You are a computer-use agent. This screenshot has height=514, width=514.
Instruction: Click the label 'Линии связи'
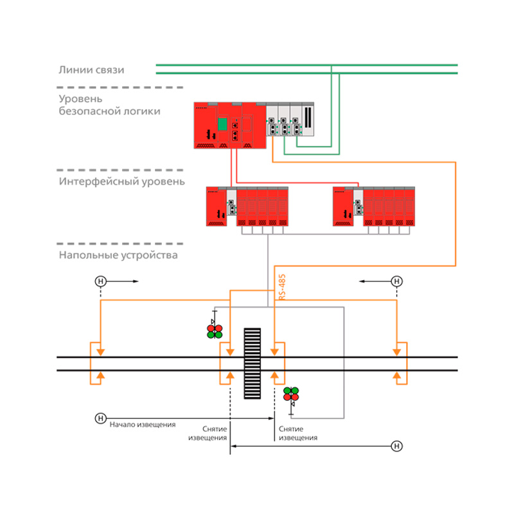[91, 70]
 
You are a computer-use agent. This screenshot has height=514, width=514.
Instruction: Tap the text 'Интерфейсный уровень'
[121, 182]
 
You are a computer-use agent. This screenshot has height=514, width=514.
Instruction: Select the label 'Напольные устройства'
[118, 255]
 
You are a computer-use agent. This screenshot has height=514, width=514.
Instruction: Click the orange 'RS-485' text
[282, 287]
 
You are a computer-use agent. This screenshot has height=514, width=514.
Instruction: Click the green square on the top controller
[222, 124]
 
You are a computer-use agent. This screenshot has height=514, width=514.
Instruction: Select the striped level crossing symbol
[253, 364]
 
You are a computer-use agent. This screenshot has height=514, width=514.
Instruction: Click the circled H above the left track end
[101, 281]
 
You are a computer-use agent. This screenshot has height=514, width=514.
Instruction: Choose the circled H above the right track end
[396, 281]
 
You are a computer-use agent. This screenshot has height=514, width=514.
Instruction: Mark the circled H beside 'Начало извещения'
[101, 418]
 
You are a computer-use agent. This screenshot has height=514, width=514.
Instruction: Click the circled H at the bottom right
[396, 446]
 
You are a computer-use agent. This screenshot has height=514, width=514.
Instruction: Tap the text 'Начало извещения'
[143, 425]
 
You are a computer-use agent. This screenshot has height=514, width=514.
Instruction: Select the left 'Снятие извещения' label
[208, 433]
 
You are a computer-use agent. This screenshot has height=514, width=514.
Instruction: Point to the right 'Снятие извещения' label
[298, 433]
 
